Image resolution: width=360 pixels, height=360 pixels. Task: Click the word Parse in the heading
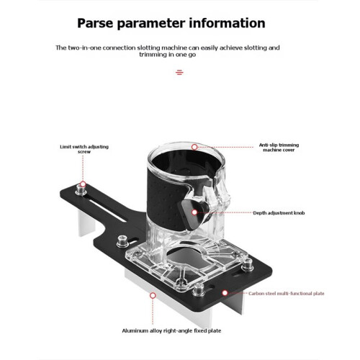[x=95, y=23]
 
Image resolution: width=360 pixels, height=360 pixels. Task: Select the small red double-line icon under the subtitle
[x=179, y=72]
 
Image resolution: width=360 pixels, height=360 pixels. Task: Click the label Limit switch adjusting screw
[x=84, y=149]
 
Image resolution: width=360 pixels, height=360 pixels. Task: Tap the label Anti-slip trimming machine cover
[x=279, y=148]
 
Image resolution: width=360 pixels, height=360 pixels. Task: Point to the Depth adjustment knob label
[x=279, y=213]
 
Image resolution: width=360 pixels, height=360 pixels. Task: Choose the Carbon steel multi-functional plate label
[x=287, y=293]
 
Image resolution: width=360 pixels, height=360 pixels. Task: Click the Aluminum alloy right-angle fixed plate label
[x=171, y=330]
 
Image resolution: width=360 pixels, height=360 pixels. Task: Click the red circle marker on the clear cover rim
[x=194, y=147]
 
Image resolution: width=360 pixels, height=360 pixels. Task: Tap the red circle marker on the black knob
[x=194, y=212]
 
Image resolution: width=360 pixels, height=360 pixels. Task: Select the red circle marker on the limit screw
[x=83, y=184]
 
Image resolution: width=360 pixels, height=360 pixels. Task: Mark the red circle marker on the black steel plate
[x=225, y=293]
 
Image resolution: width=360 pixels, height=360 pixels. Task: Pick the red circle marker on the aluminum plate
[x=153, y=295]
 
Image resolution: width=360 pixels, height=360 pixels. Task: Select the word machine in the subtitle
[x=175, y=48]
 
